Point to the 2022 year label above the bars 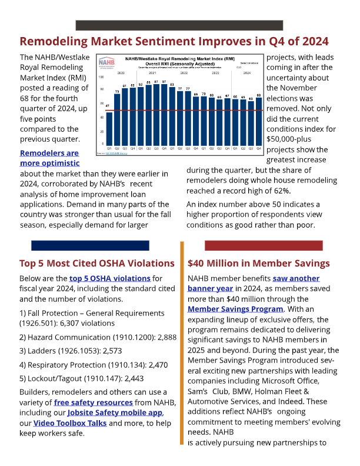(x=184, y=72)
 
